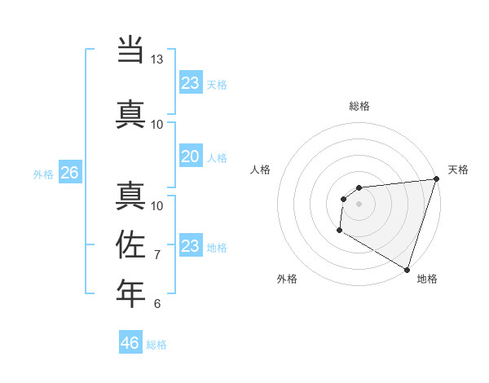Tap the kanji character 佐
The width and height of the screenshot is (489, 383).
coord(130,244)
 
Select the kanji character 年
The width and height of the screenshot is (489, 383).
coord(130,293)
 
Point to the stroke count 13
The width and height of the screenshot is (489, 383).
coord(157,59)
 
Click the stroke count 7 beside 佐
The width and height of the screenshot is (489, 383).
coord(157,255)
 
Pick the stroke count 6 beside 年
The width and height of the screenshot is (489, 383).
coord(157,304)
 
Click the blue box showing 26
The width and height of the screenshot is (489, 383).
coord(69,173)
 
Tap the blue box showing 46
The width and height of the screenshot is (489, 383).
coord(130,343)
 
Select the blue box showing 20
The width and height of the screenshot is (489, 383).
coord(190,156)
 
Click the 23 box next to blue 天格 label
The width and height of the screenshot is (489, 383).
coord(190,83)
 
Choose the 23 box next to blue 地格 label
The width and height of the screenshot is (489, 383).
coord(190,246)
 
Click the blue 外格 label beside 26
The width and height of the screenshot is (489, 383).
coord(43,174)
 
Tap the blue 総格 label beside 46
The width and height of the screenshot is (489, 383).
coord(156,345)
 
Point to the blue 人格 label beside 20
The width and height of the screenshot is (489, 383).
coord(217,157)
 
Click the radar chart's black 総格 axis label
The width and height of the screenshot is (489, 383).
coord(359,106)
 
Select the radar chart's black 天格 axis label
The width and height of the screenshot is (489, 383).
coord(458,169)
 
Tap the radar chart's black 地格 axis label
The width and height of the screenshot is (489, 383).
coord(427,279)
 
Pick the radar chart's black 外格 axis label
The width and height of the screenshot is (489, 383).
coord(287,279)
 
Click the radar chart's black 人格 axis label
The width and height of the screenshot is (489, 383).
coord(261,169)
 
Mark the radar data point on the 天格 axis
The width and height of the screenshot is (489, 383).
coord(436,179)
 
